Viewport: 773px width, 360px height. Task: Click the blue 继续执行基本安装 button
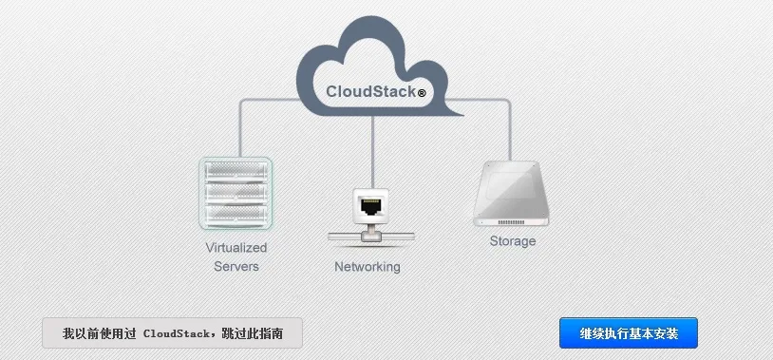click(628, 332)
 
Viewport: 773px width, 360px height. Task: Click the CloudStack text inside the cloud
click(370, 92)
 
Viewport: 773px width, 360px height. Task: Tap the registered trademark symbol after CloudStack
click(422, 93)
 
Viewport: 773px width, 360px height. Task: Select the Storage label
click(513, 241)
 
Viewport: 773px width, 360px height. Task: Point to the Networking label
click(368, 267)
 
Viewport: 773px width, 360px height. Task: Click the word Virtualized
click(236, 248)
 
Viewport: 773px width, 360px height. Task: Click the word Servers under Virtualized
click(236, 267)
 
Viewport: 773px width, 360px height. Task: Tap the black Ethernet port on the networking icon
click(371, 205)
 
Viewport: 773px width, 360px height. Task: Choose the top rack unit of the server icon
click(236, 171)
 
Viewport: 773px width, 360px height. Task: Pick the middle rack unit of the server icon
click(236, 192)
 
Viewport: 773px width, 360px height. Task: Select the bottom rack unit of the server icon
click(236, 214)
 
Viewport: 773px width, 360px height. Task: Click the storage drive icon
click(511, 194)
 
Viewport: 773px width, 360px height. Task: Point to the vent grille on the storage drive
click(511, 222)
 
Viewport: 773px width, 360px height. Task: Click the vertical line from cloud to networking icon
click(372, 152)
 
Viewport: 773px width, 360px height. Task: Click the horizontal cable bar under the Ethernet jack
click(371, 237)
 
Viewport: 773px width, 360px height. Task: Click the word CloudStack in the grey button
click(176, 333)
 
